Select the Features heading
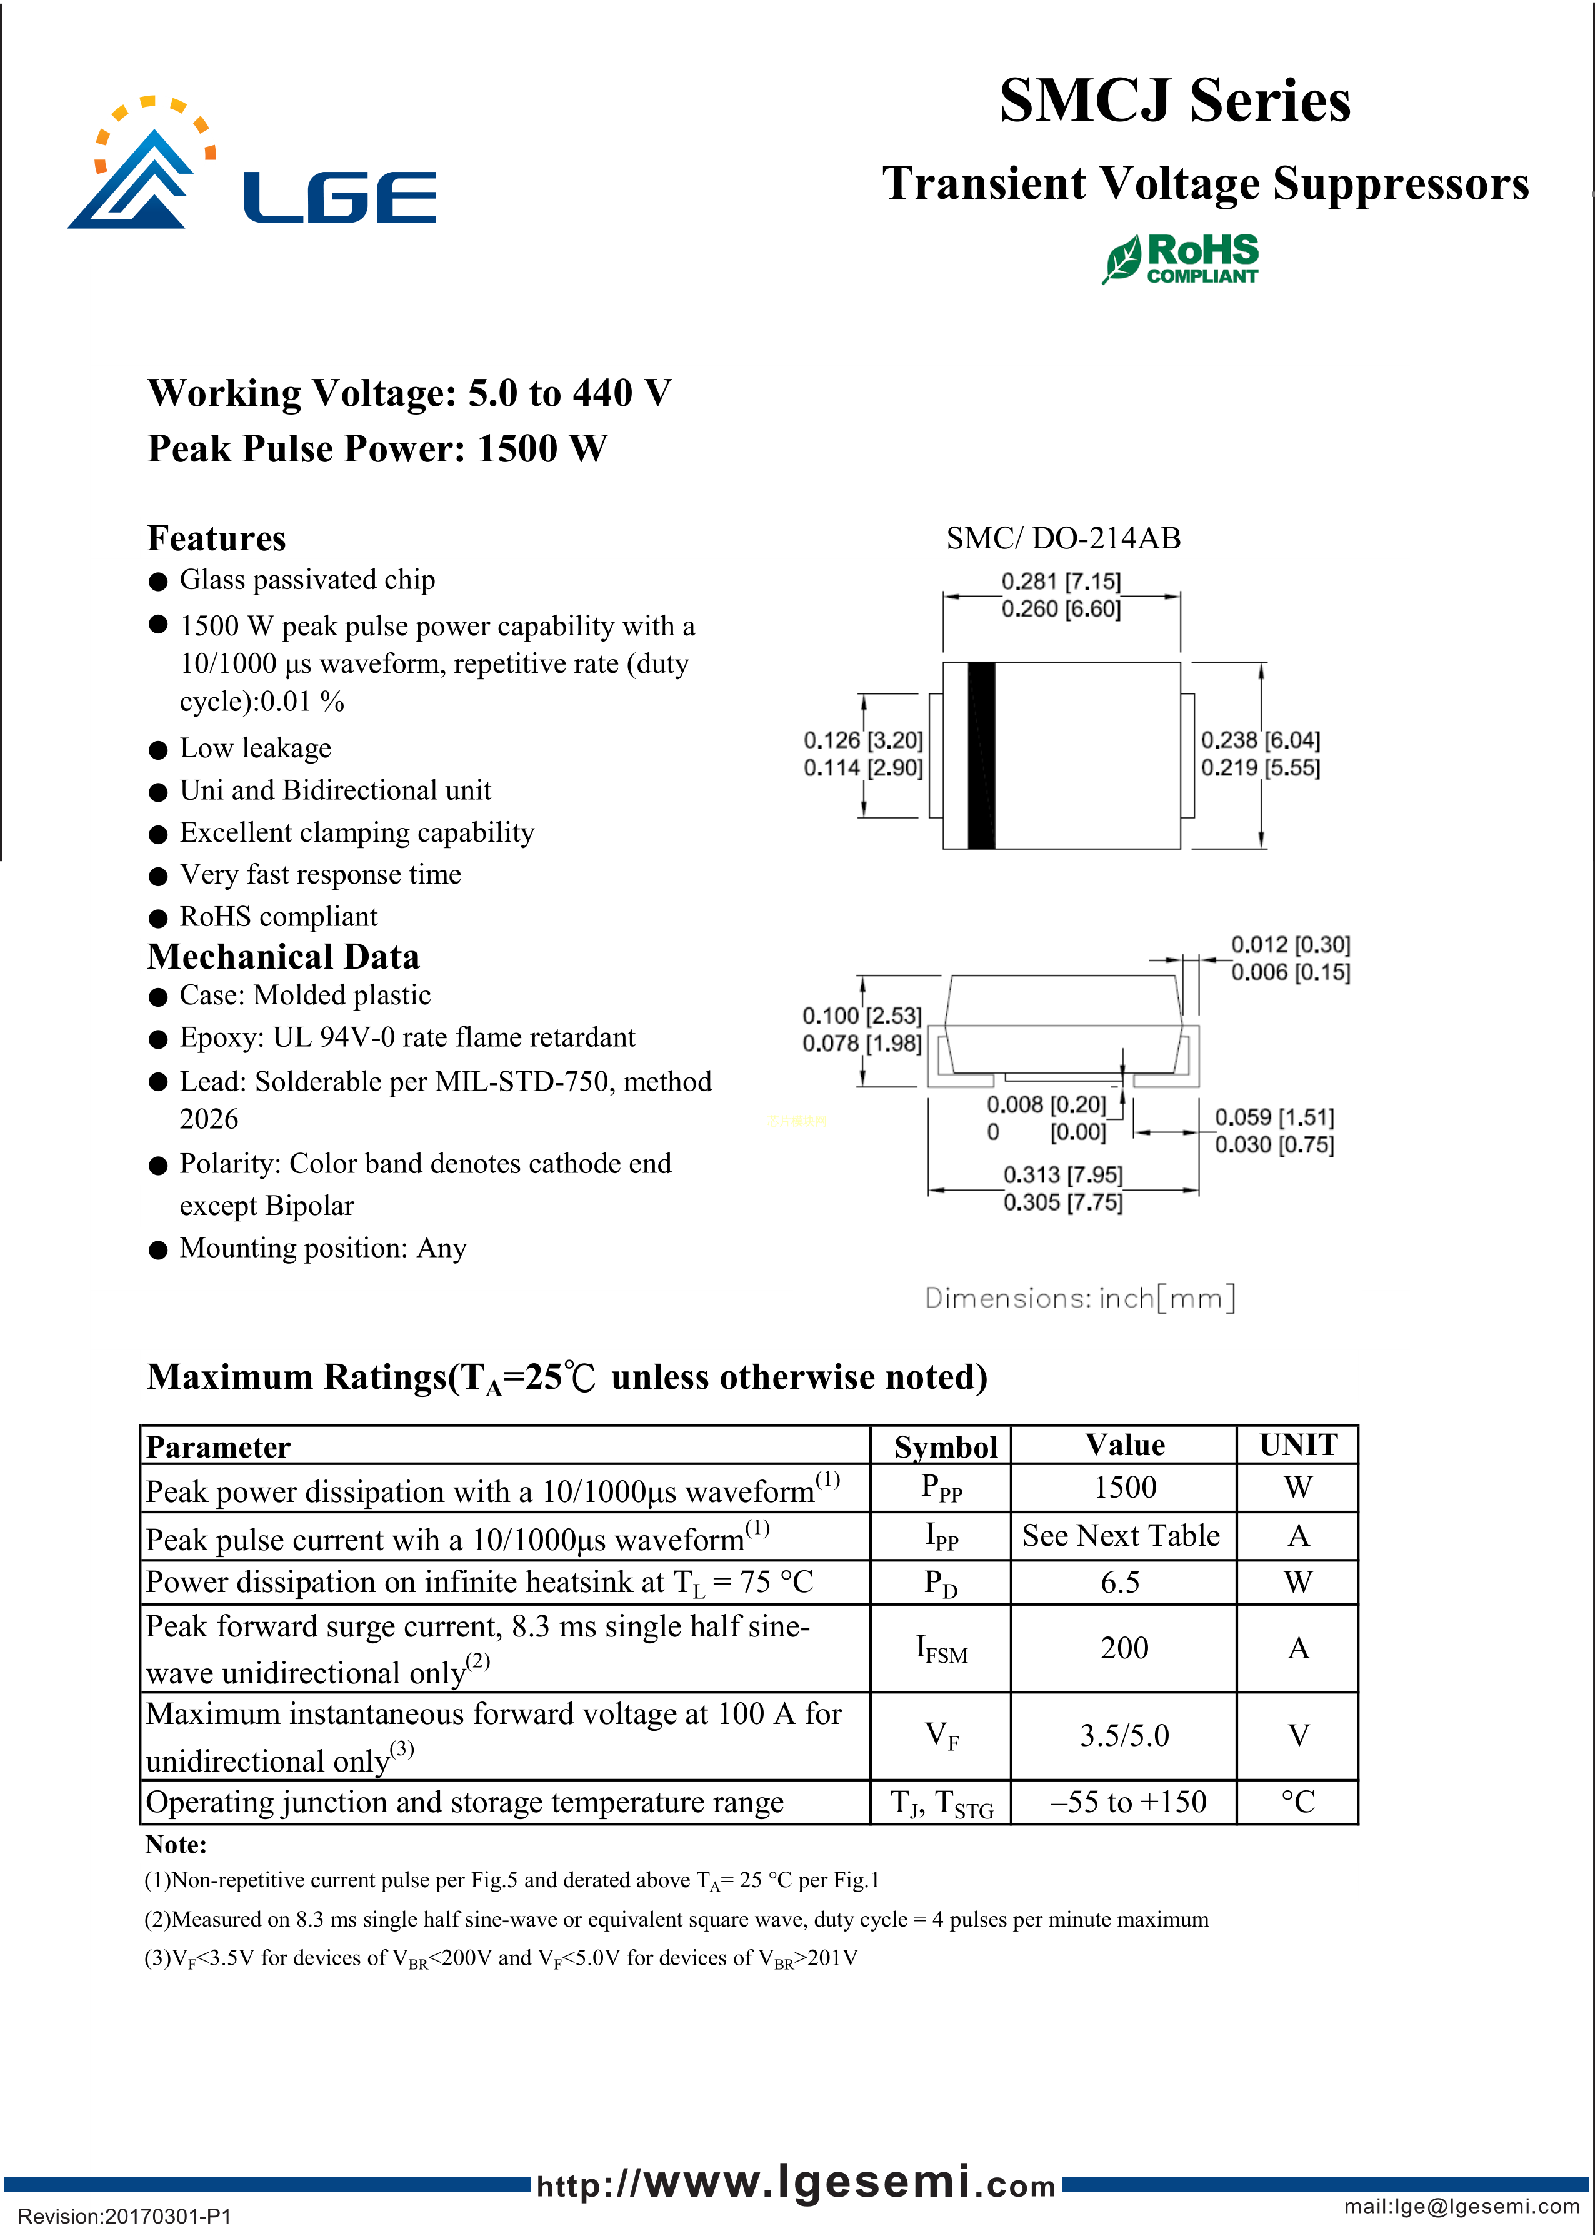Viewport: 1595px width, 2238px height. [x=216, y=538]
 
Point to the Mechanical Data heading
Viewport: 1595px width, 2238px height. [x=283, y=957]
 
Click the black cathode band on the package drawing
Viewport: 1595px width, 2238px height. [x=981, y=755]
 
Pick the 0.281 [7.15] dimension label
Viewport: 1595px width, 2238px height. [x=1061, y=582]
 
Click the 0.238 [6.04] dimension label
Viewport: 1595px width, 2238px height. [x=1260, y=740]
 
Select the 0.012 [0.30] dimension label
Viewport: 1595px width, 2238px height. [x=1291, y=944]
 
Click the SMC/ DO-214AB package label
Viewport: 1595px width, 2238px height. [x=1062, y=538]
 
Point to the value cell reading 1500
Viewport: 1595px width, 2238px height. [x=1124, y=1488]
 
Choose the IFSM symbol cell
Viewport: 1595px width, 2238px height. [x=941, y=1648]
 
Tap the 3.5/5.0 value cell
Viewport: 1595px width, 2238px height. [x=1124, y=1736]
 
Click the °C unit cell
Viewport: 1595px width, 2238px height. [x=1297, y=1802]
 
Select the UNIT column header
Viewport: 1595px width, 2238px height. [x=1297, y=1445]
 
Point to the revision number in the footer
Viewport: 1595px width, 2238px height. [x=125, y=2216]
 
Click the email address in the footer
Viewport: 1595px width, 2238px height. [x=1461, y=2207]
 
